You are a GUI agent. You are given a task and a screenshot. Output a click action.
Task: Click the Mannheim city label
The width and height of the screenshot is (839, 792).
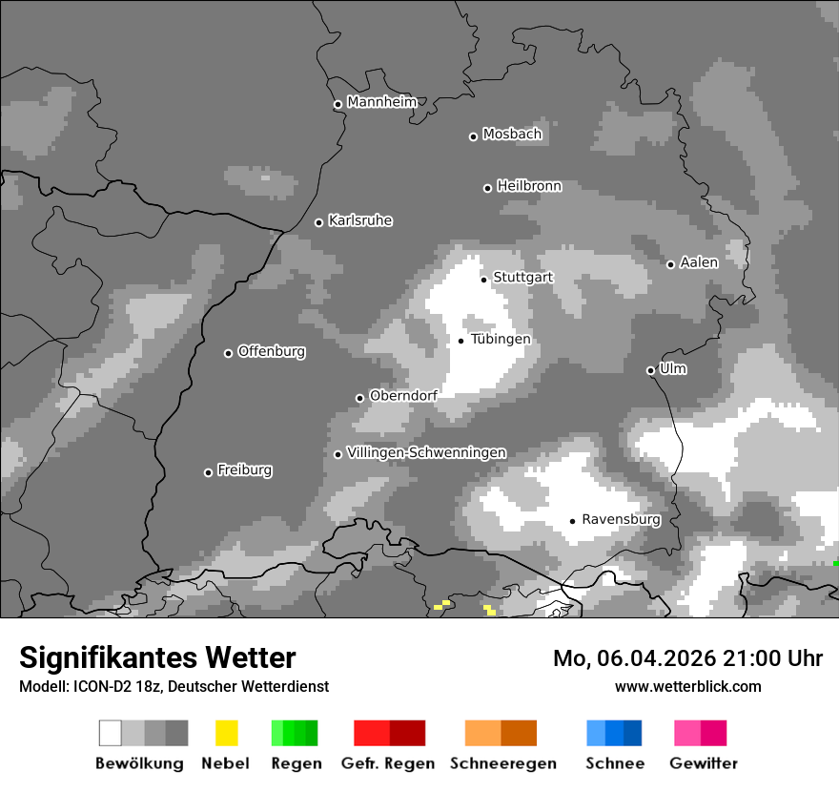coord(382,102)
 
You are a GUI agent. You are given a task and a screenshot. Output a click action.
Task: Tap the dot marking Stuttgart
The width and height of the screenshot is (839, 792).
coord(484,280)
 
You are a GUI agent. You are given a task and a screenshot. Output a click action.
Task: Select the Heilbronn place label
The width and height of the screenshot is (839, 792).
coord(529,186)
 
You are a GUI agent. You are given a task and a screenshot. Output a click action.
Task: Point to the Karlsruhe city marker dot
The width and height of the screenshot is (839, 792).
coord(319,222)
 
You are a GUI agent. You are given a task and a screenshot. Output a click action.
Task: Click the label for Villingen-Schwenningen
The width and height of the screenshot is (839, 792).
coord(426,452)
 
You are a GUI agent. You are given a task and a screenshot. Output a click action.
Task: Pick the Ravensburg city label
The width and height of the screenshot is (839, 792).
coord(621,519)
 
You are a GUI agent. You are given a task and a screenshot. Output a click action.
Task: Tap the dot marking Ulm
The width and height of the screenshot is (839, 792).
coord(651,370)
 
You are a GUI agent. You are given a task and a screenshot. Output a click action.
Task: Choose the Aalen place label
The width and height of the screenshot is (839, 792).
coord(699,262)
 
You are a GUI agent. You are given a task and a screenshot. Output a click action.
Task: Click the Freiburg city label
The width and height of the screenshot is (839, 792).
coord(244,469)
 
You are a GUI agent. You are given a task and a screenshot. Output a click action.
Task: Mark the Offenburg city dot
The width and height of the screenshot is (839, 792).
coord(228,353)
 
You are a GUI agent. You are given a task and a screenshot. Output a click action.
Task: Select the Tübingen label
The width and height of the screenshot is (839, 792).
coord(501,339)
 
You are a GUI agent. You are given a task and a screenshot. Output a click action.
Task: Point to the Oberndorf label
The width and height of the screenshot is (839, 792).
coord(403,395)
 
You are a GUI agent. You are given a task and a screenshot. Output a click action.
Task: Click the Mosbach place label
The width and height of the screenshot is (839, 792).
coord(512,135)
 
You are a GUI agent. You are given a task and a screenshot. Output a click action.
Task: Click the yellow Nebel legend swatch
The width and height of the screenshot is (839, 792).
coord(227,733)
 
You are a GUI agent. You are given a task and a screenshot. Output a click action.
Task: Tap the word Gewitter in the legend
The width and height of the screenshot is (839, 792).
coord(703,763)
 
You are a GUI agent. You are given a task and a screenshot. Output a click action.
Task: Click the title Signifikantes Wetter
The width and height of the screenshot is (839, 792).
coord(157,657)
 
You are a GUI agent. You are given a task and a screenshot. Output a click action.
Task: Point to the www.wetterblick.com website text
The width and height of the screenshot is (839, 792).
coord(687,686)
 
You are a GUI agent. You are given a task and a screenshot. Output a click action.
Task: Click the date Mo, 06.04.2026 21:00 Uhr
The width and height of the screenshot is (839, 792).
coord(687,658)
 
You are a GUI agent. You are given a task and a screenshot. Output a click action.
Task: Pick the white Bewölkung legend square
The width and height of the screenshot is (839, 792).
coord(111,733)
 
